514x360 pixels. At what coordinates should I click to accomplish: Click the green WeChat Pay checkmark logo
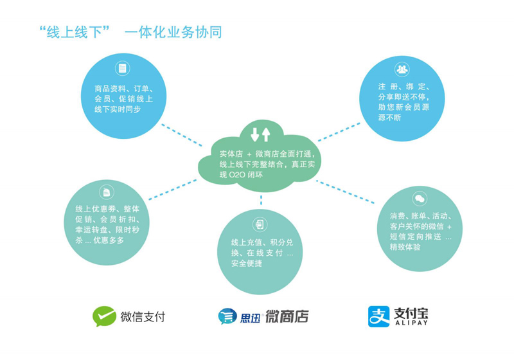(104, 316)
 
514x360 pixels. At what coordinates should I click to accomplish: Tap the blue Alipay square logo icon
(378, 316)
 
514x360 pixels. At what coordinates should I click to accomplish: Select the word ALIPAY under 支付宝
(411, 323)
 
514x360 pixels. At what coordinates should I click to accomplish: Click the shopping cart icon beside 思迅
(227, 316)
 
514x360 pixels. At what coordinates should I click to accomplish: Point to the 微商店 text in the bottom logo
(287, 316)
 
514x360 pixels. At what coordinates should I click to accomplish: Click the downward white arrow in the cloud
(254, 134)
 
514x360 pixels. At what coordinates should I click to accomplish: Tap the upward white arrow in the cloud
(266, 134)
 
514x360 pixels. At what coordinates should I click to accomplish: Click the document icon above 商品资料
(123, 68)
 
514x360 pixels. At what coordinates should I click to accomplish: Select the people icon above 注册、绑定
(402, 69)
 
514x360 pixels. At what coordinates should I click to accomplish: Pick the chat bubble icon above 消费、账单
(420, 199)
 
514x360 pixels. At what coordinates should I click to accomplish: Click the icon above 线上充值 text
(260, 224)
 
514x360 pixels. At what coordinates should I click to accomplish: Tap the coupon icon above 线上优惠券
(107, 192)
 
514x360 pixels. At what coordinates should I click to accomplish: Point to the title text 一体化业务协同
(173, 32)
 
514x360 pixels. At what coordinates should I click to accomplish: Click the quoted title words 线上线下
(75, 32)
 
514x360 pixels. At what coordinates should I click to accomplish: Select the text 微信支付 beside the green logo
(143, 317)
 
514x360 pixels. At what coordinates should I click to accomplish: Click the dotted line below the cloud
(261, 200)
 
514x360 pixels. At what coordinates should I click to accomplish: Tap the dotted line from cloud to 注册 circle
(339, 132)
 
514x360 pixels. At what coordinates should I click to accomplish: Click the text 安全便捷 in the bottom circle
(247, 264)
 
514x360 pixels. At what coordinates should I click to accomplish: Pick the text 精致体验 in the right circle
(405, 247)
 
